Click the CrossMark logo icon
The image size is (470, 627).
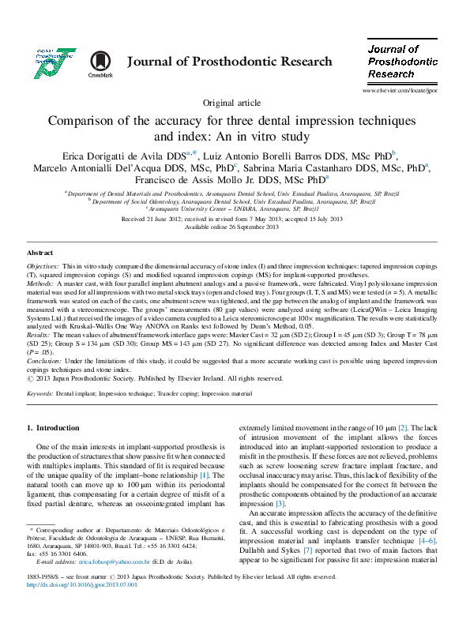100,62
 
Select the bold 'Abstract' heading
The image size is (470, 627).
40,252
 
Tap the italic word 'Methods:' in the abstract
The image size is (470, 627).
40,282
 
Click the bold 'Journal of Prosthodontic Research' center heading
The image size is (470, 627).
229,62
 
